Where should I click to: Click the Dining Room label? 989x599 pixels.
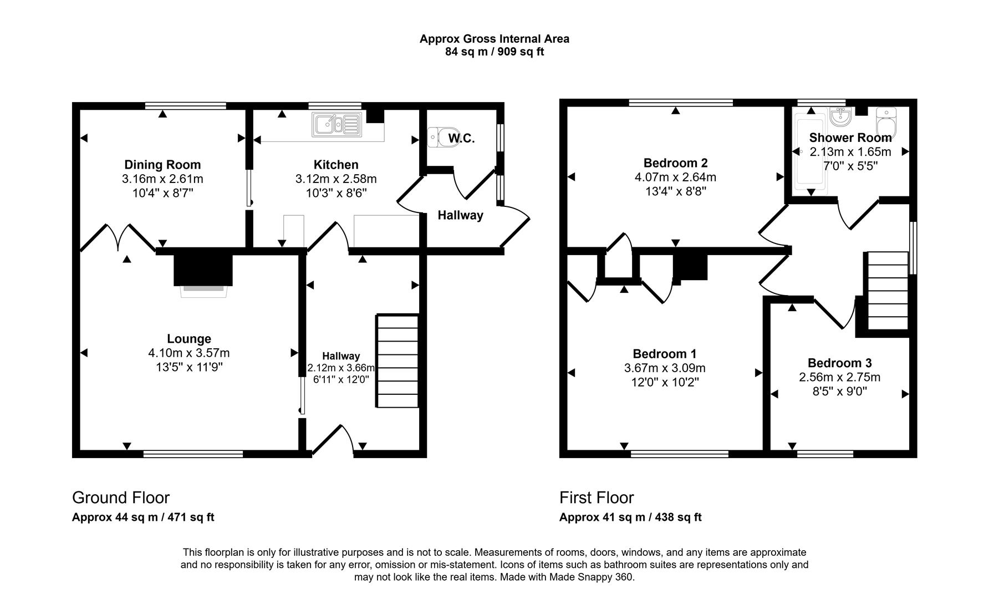[162, 165]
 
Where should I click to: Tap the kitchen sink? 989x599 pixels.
[337, 124]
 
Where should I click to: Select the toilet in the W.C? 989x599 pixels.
[441, 136]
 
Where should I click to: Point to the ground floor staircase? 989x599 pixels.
[397, 361]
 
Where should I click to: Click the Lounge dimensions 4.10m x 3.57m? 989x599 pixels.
[189, 353]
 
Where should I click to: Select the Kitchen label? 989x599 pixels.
[336, 165]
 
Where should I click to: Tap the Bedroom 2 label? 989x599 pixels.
[675, 163]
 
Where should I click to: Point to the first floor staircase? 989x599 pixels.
[887, 291]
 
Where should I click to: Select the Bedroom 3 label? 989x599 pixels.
[839, 363]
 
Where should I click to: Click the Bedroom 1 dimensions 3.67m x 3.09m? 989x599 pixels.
[665, 368]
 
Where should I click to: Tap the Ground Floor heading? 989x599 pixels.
[121, 498]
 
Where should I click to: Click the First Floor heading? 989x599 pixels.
[597, 498]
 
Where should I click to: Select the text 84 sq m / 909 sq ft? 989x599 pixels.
[494, 52]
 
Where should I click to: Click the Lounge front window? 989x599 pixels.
[193, 454]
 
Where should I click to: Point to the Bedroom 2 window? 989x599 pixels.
[681, 103]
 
